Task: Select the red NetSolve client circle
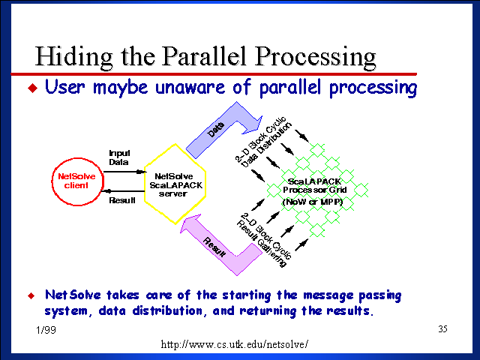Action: point(78,181)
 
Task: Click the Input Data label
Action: point(118,157)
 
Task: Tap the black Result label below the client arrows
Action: point(121,201)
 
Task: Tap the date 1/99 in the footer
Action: point(43,330)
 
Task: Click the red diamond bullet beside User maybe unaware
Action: point(31,88)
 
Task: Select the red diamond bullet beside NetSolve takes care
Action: point(31,294)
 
